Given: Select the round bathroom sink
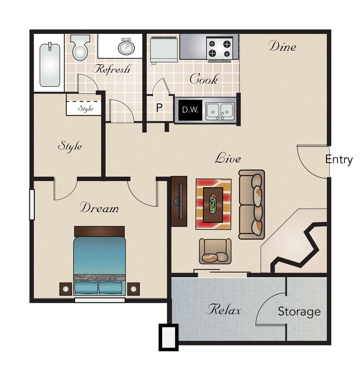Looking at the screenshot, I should (x=126, y=47).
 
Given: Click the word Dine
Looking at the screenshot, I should (x=282, y=46).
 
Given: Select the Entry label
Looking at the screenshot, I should (x=339, y=160).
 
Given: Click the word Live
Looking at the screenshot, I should (x=228, y=158).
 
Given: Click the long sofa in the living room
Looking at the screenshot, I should (x=252, y=204).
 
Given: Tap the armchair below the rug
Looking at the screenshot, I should (x=215, y=251).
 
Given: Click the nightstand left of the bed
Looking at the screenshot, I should (x=66, y=289).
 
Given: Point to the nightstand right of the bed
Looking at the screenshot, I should (x=133, y=289).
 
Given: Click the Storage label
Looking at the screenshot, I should (x=299, y=312).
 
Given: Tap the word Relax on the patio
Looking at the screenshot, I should (x=224, y=310).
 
